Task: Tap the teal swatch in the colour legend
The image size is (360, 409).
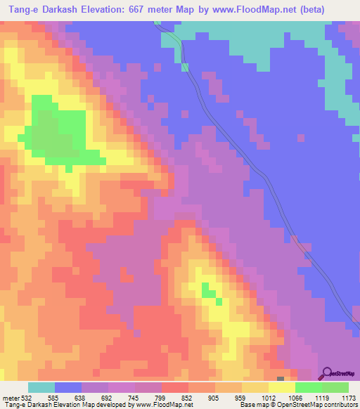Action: pyautogui.click(x=41, y=387)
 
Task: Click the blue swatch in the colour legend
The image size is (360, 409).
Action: pyautogui.click(x=67, y=387)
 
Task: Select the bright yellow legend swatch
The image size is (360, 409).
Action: pyautogui.click(x=281, y=387)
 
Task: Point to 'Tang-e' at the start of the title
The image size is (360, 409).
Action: pyautogui.click(x=20, y=11)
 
